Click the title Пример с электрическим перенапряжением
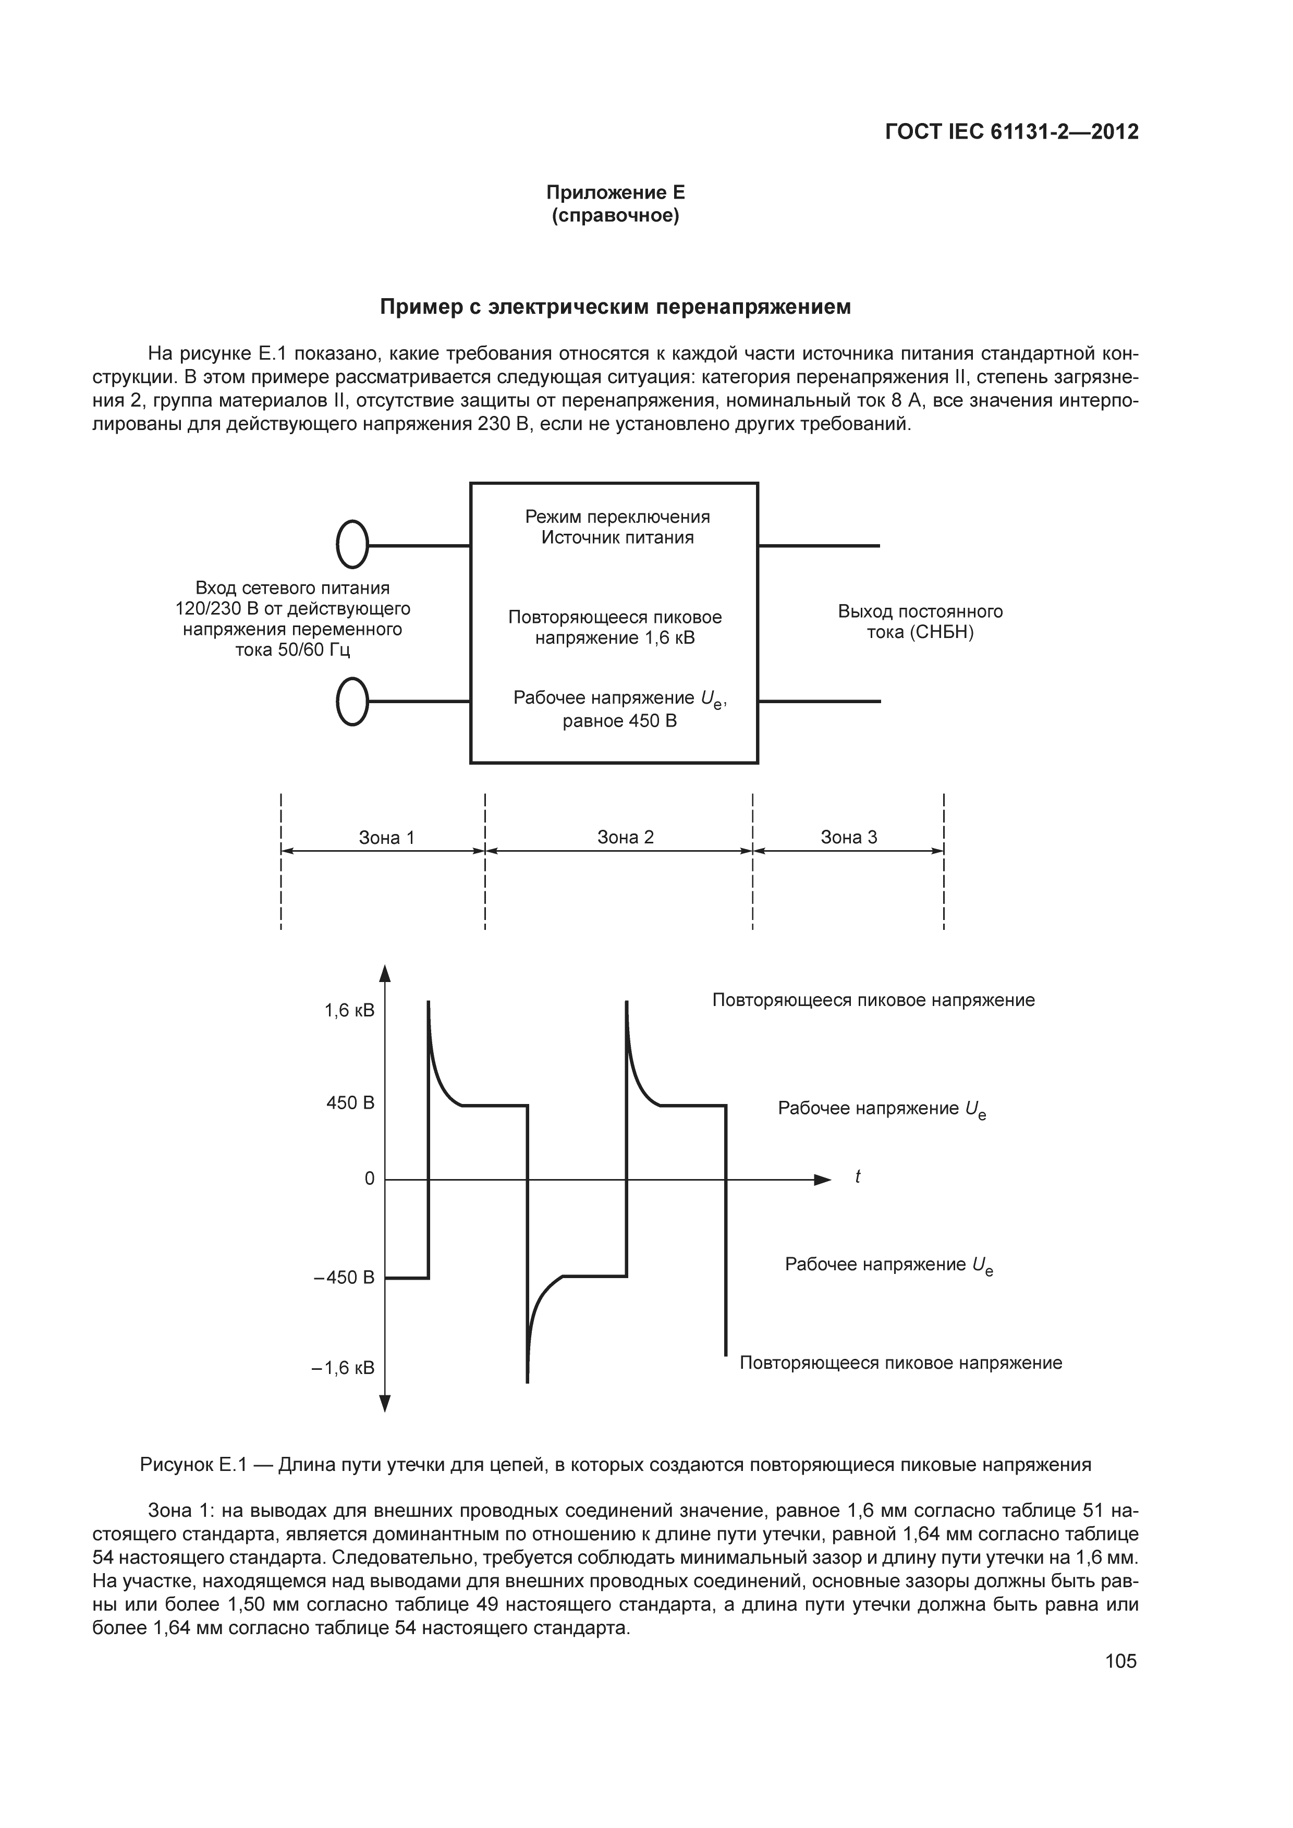tap(615, 308)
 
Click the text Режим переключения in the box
tap(617, 517)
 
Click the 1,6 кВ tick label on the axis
tap(349, 1010)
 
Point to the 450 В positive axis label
tap(350, 1103)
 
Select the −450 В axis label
tap(344, 1278)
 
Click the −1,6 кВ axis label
tap(343, 1368)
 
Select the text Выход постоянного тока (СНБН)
tap(920, 622)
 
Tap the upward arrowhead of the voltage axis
tap(385, 974)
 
